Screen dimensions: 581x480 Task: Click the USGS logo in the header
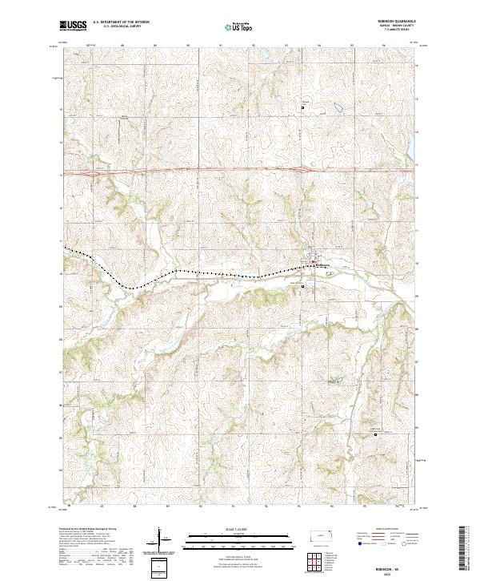click(74, 26)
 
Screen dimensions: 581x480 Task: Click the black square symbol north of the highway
click(302, 107)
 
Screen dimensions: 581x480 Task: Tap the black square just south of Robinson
click(302, 287)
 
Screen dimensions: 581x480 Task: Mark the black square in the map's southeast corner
click(377, 435)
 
